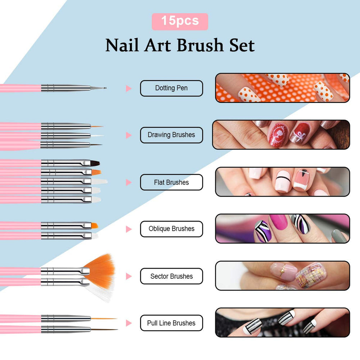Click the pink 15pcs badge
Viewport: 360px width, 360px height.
[x=180, y=21]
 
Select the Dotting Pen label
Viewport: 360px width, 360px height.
[x=171, y=88]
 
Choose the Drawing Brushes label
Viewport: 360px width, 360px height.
[x=171, y=135]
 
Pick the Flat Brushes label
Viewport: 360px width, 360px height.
[x=171, y=183]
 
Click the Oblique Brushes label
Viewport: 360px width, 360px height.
[x=171, y=229]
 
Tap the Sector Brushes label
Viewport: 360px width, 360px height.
[x=171, y=276]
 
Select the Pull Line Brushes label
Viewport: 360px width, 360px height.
[x=171, y=323]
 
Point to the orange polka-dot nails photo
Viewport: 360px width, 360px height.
[x=283, y=88]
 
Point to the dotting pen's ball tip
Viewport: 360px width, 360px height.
[x=105, y=87]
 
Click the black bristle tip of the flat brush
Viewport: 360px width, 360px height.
[x=95, y=163]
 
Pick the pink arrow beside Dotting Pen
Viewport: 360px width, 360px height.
[x=129, y=89]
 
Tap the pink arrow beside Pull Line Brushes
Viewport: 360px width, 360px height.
[x=129, y=323]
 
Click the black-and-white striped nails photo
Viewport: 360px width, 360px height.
[x=283, y=323]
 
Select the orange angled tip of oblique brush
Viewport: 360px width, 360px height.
[x=94, y=226]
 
